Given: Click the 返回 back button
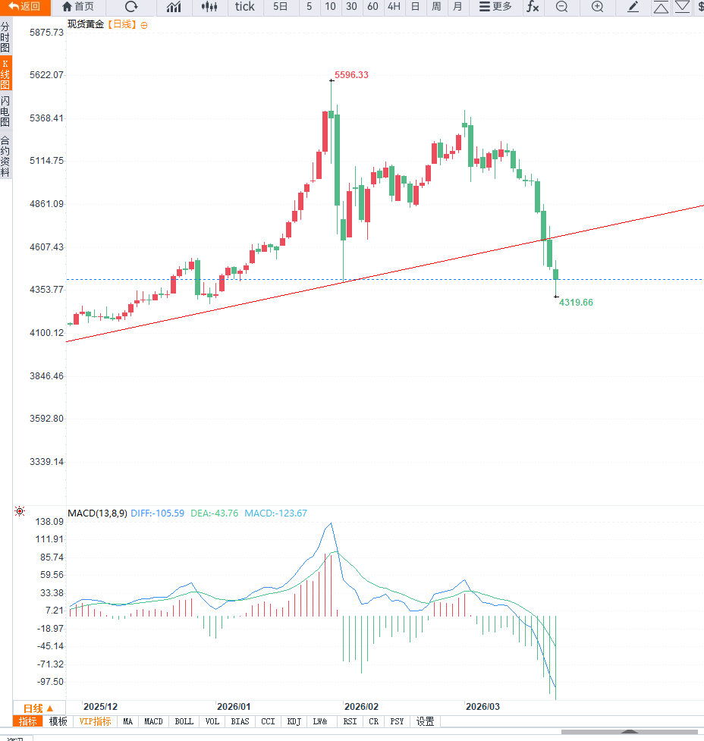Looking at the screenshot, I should pos(24,7).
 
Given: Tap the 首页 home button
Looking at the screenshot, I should pos(78,7).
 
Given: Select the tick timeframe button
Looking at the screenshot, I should pos(245,7).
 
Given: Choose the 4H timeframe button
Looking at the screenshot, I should pos(394,7).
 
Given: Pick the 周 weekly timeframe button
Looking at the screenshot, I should pos(436,7).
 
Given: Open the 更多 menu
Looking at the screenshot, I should pos(495,7).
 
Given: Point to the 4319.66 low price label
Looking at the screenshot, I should pos(576,303).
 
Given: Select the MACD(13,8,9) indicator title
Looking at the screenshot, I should pos(97,513).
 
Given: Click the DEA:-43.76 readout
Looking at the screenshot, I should pos(214,513).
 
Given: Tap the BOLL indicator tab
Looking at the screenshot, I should pos(184,722).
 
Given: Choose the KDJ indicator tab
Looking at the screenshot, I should pos(294,722).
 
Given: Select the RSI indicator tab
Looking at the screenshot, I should pos(350,722).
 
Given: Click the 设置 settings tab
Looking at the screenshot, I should pos(425,722).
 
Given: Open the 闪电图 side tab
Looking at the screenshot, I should pos(5,111).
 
